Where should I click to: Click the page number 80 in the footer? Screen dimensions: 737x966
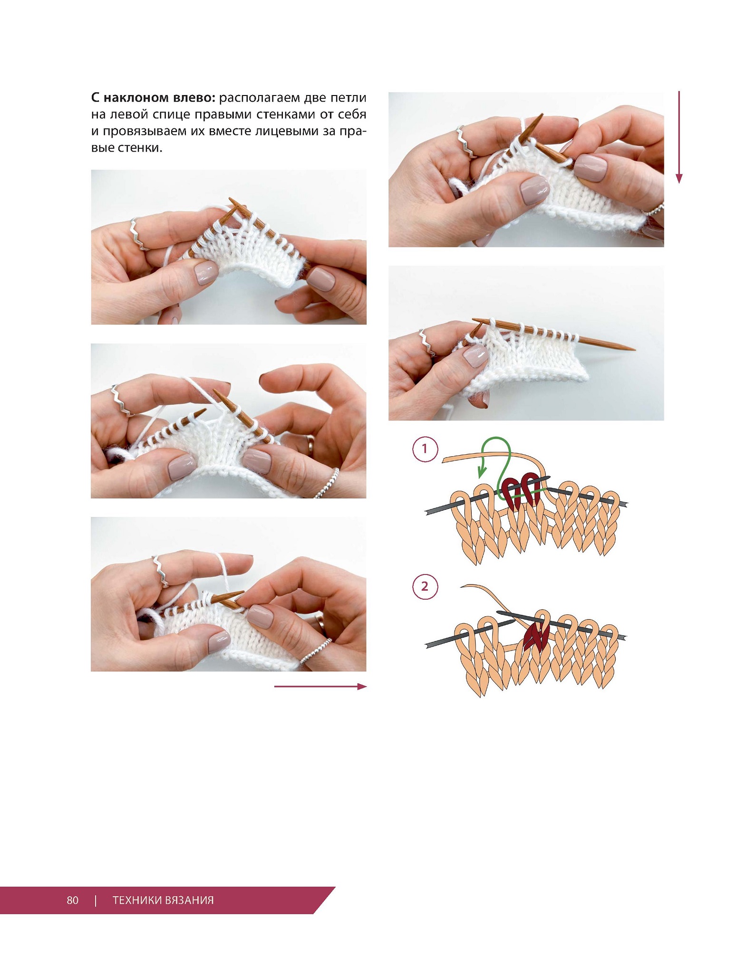tap(73, 899)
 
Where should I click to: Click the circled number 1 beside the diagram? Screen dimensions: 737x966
tap(424, 449)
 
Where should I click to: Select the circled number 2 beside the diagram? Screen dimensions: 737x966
tap(424, 586)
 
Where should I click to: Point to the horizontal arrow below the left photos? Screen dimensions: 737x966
tap(320, 686)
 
